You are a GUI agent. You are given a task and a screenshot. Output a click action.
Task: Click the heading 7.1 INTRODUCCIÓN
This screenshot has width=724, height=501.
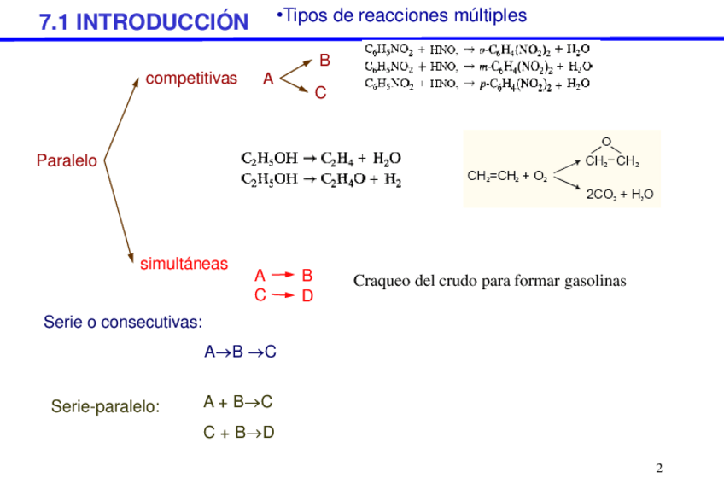(143, 22)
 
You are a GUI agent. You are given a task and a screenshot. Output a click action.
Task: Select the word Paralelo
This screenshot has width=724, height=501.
(67, 160)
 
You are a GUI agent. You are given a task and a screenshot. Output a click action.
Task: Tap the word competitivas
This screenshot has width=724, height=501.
(191, 79)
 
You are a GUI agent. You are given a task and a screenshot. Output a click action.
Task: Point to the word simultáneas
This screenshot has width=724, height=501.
(184, 264)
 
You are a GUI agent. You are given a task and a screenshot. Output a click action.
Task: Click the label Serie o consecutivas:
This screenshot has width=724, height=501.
(123, 323)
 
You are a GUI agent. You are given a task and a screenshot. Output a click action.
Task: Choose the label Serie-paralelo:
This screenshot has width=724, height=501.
(105, 406)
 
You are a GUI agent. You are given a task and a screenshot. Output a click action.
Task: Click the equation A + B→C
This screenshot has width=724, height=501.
(238, 402)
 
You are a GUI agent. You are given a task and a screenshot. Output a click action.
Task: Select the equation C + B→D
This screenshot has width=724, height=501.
(238, 433)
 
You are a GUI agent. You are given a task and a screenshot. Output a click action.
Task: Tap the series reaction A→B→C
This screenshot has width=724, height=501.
(240, 352)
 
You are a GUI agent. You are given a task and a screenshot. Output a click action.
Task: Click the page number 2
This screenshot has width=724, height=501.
(659, 469)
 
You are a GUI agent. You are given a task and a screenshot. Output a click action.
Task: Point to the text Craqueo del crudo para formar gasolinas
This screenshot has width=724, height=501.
(489, 281)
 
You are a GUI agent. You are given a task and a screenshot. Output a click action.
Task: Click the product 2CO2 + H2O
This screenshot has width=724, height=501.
(619, 195)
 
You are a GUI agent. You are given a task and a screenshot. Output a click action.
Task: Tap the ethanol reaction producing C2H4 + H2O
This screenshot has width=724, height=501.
(321, 158)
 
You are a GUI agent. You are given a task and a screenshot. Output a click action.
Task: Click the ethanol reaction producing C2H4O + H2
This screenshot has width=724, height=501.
(321, 179)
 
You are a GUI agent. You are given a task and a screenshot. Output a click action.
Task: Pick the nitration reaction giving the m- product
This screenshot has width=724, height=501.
(479, 66)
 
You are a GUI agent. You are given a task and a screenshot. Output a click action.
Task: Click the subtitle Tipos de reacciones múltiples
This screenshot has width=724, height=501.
(402, 15)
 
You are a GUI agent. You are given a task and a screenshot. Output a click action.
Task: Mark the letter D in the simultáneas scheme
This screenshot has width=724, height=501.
(308, 296)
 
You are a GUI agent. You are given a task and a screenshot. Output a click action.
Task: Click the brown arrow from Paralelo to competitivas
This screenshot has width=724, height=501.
(120, 119)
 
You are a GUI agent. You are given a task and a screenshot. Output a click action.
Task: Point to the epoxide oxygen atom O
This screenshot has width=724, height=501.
(606, 142)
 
